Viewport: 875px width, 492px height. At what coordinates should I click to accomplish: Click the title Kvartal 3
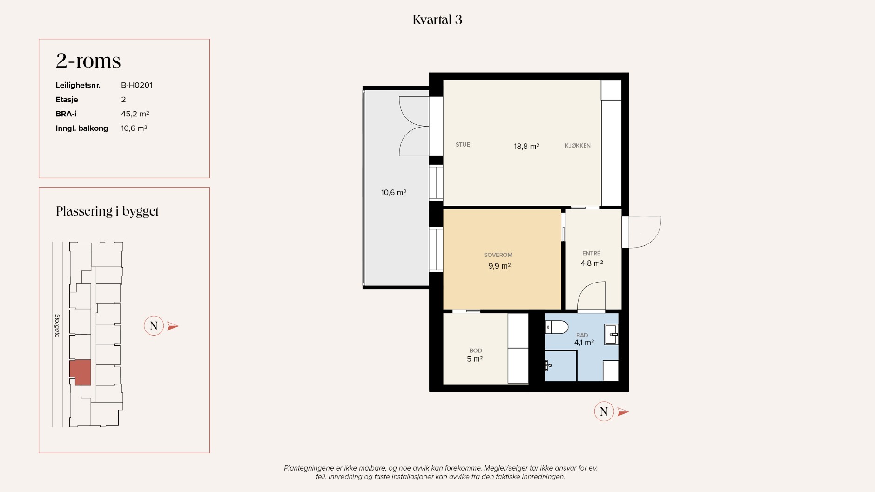click(437, 20)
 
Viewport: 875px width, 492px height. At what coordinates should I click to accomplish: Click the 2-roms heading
click(88, 61)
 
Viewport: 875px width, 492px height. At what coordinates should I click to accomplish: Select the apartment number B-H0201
click(137, 85)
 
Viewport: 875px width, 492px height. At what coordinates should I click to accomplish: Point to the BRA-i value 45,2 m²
click(135, 114)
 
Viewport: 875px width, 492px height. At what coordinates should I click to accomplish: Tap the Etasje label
click(67, 100)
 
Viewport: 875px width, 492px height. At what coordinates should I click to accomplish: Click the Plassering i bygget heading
click(107, 211)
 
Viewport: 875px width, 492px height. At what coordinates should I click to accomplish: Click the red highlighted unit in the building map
click(81, 372)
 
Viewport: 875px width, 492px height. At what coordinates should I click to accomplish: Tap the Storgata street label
click(57, 325)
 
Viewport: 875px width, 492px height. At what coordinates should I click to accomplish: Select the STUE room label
click(463, 145)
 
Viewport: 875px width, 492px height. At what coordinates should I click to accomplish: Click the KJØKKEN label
click(578, 146)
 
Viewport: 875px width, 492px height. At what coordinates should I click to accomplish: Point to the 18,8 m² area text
click(526, 146)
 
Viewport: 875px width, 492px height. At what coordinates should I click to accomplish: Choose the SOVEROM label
click(498, 255)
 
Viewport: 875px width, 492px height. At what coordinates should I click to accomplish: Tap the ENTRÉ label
click(591, 253)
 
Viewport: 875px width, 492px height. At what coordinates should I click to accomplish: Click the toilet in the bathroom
click(557, 327)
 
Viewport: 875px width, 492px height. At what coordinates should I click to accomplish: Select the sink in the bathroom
click(611, 335)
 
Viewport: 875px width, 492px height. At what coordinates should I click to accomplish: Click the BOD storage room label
click(476, 350)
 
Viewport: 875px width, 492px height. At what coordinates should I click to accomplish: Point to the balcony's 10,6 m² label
click(393, 192)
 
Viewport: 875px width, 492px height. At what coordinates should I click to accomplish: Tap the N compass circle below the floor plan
click(604, 411)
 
